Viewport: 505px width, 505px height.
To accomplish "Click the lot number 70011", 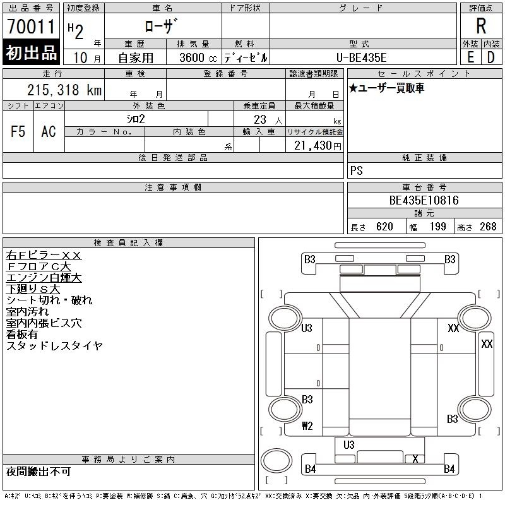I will tap(31, 27).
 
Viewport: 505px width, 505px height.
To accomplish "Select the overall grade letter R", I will tap(481, 27).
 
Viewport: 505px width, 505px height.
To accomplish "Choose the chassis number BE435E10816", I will tap(424, 201).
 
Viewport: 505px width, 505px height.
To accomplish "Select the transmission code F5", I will tap(18, 131).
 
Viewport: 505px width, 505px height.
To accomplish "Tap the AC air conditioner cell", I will tap(49, 131).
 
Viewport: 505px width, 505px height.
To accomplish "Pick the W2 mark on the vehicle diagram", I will tap(307, 425).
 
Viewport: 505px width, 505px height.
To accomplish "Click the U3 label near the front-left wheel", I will tap(307, 328).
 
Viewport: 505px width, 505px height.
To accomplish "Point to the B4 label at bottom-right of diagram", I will tap(449, 468).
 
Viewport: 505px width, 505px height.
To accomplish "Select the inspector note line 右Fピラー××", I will tap(44, 256).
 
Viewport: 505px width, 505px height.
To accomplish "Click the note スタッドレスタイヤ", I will tap(54, 346).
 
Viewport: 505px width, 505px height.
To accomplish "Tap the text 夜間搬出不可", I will tap(39, 472).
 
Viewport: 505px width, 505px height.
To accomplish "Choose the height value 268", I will tap(488, 227).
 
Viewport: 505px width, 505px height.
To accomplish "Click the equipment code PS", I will tap(357, 171).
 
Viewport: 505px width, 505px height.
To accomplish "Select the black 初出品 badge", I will tap(31, 53).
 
